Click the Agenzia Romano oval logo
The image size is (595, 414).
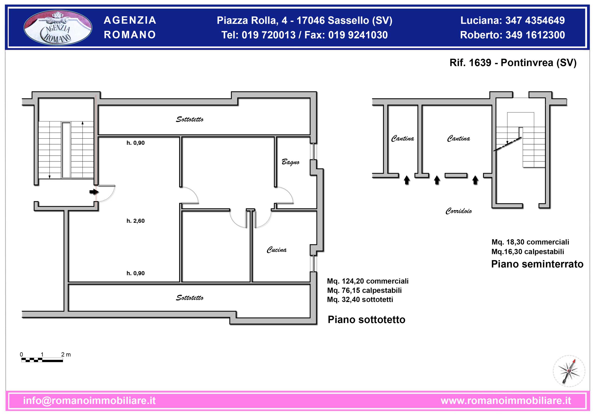(58, 27)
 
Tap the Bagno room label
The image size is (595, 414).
(291, 162)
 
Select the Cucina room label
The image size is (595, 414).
(277, 249)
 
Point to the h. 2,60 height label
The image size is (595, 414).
(136, 221)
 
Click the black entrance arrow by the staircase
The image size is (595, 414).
(94, 192)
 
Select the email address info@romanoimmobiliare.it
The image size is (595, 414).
(89, 401)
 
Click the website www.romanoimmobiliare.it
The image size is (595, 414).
(506, 401)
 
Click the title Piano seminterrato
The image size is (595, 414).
(537, 264)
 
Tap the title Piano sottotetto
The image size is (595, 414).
(367, 320)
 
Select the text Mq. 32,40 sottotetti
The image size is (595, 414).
(360, 299)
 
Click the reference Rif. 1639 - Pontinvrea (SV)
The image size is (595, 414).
(513, 63)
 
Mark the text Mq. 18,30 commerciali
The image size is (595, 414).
(530, 242)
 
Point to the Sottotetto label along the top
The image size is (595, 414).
(190, 119)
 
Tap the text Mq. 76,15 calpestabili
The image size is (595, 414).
(364, 290)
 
